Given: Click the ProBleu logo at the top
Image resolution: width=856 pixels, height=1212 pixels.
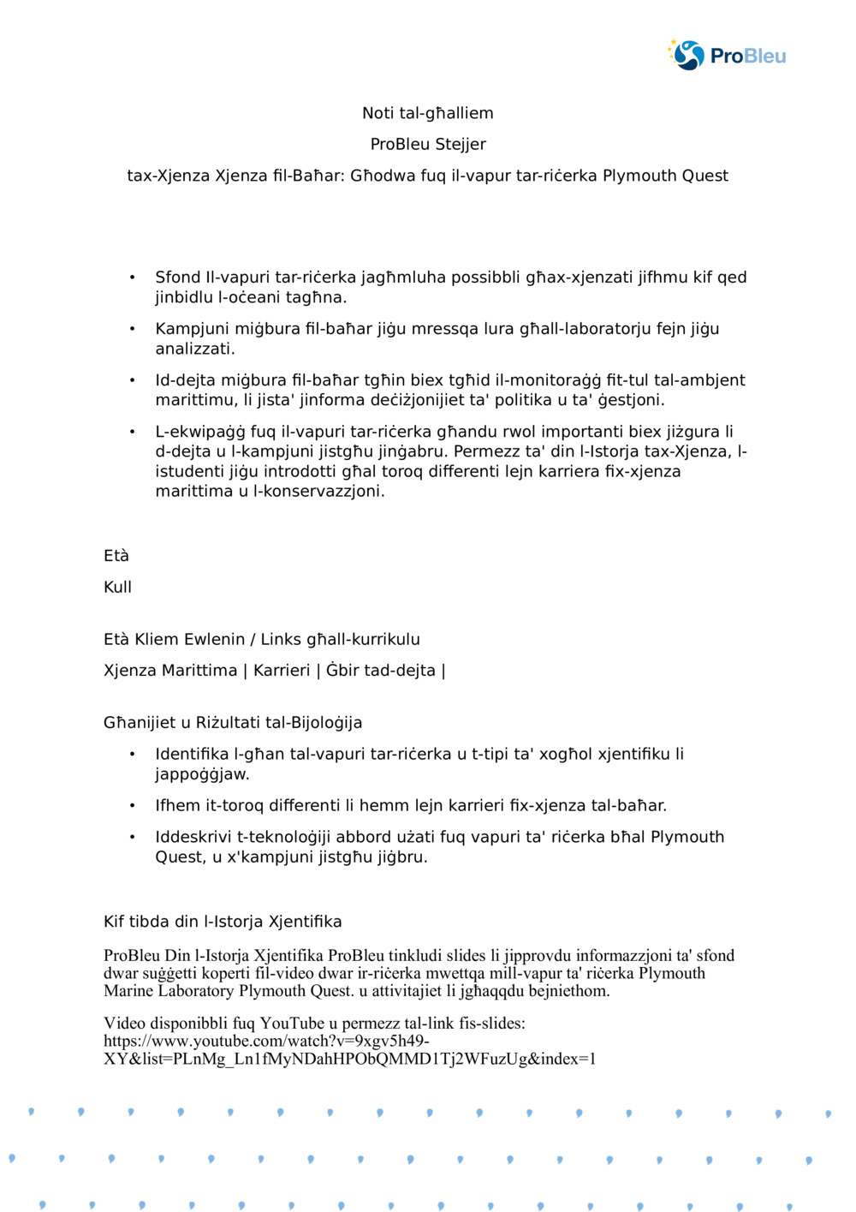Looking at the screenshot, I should tap(727, 56).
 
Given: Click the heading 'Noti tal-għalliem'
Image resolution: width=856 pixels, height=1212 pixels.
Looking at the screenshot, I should tap(427, 113).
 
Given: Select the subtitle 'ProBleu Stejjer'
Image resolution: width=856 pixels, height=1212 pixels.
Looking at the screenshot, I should tap(428, 144).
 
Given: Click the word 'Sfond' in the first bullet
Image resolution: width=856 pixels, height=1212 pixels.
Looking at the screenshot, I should tap(177, 277).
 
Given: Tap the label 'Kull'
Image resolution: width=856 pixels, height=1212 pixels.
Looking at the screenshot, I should tap(118, 587).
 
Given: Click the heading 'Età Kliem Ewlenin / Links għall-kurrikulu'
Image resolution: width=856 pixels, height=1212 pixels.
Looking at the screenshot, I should tap(262, 639).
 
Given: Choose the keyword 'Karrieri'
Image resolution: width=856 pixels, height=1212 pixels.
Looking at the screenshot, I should tap(282, 670).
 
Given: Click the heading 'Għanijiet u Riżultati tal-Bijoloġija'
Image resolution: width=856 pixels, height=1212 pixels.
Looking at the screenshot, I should tap(233, 722).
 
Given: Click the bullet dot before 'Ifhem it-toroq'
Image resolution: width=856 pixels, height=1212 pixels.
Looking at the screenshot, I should tap(133, 806).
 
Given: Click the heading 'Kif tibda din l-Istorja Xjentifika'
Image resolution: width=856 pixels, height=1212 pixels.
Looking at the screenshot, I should tap(223, 922).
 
